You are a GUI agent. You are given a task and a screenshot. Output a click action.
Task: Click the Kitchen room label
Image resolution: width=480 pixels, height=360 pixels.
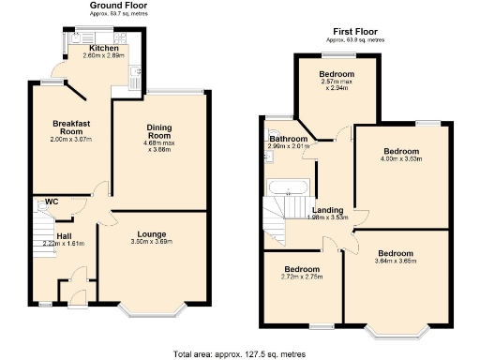[103, 48]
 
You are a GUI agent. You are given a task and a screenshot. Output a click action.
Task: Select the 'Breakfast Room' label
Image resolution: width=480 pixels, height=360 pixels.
[71, 128]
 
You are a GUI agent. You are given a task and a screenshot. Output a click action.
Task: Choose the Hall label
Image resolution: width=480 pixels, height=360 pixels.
[64, 235]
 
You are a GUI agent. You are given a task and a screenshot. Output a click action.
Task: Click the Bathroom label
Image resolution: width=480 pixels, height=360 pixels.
[289, 138]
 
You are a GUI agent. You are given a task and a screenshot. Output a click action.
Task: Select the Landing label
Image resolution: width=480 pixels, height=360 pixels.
[327, 209]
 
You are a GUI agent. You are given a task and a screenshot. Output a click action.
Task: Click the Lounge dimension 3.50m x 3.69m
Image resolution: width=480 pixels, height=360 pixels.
[152, 242]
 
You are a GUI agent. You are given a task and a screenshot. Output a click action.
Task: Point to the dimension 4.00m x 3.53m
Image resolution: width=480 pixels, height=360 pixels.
[400, 159]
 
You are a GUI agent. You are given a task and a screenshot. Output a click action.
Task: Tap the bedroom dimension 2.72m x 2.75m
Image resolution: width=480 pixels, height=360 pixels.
[302, 278]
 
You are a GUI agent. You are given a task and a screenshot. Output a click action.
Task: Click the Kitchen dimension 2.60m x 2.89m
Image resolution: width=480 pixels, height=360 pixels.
[103, 56]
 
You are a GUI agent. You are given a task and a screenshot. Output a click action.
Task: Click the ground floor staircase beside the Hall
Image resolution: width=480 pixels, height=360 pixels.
[43, 226]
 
